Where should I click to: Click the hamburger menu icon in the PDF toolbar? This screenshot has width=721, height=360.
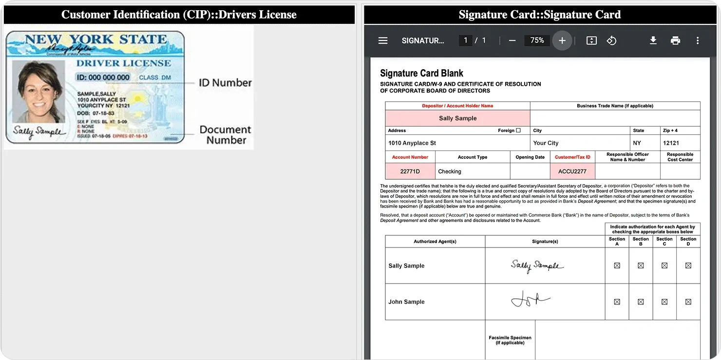pyautogui.click(x=383, y=41)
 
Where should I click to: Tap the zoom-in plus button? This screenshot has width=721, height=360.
pyautogui.click(x=562, y=41)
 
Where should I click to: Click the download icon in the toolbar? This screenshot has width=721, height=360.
pyautogui.click(x=653, y=41)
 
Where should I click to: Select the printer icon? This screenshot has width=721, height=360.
pyautogui.click(x=675, y=41)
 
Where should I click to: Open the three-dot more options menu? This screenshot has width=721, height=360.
pyautogui.click(x=698, y=41)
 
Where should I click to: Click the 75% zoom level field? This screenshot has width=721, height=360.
pyautogui.click(x=537, y=41)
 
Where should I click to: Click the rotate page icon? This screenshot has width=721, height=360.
pyautogui.click(x=611, y=41)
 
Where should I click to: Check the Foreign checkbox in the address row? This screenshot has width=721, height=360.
pyautogui.click(x=518, y=131)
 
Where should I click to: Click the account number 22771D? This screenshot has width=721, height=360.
pyautogui.click(x=410, y=171)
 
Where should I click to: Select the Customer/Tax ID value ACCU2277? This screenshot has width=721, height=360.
pyautogui.click(x=572, y=171)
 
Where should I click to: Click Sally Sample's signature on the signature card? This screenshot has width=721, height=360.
pyautogui.click(x=537, y=266)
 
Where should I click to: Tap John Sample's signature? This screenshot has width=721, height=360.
pyautogui.click(x=530, y=299)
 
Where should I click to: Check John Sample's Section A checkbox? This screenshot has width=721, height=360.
pyautogui.click(x=617, y=302)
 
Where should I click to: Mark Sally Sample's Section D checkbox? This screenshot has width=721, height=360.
pyautogui.click(x=688, y=266)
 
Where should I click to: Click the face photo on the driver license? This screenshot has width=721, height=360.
pyautogui.click(x=38, y=93)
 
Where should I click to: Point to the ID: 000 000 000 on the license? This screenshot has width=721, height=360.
pyautogui.click(x=103, y=77)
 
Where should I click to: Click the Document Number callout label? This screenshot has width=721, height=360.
pyautogui.click(x=226, y=135)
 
